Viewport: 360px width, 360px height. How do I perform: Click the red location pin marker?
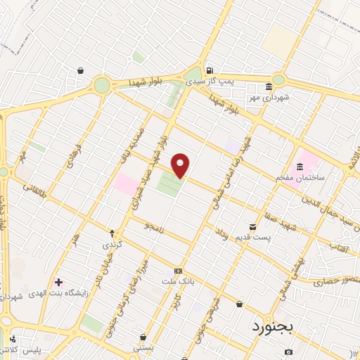pyautogui.click(x=181, y=165)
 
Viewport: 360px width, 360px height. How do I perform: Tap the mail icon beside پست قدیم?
pyautogui.click(x=253, y=226)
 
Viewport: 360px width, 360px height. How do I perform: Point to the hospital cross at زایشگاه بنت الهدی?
pyautogui.click(x=59, y=282)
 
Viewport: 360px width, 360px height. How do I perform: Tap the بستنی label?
pyautogui.click(x=143, y=347)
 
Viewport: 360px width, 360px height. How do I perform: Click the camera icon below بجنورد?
pyautogui.click(x=288, y=352)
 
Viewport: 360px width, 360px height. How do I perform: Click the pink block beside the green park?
pyautogui.click(x=128, y=185)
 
